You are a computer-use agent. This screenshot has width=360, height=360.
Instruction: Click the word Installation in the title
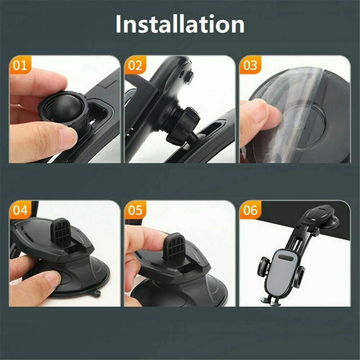pos(180,24)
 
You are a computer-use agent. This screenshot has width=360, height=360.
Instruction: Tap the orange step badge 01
pos(20,66)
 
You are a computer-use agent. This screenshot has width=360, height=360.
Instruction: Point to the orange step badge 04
pos(20,210)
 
